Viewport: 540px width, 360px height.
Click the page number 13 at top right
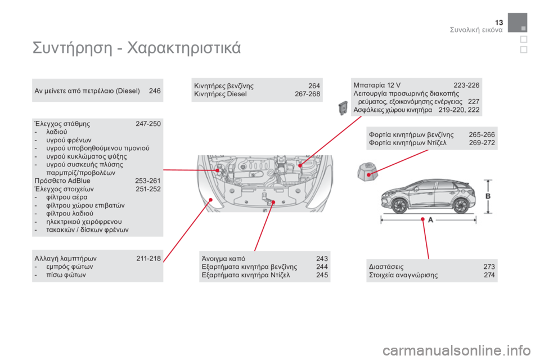(x=499, y=22)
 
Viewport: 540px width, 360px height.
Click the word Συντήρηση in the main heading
(x=73, y=48)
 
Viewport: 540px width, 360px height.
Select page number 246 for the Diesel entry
(x=155, y=91)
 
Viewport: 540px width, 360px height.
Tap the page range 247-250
(x=148, y=124)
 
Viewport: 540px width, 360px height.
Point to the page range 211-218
(x=148, y=258)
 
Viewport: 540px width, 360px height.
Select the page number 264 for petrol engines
(x=314, y=85)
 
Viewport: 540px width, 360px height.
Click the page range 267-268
(x=308, y=94)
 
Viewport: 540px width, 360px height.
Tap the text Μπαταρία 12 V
(x=377, y=85)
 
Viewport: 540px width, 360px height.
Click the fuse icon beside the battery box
(x=343, y=108)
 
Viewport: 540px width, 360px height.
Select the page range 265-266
(x=482, y=134)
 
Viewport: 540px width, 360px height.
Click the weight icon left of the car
(x=367, y=172)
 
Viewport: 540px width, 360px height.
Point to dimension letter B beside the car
(x=488, y=196)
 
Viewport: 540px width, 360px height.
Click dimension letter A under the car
(x=430, y=220)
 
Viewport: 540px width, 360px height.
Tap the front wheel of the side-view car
(x=400, y=206)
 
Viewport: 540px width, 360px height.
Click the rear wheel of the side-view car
(x=461, y=206)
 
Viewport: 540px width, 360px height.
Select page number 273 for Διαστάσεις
(x=489, y=267)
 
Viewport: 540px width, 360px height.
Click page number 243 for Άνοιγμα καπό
(x=322, y=259)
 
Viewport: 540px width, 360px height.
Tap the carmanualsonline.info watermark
(x=456, y=350)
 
